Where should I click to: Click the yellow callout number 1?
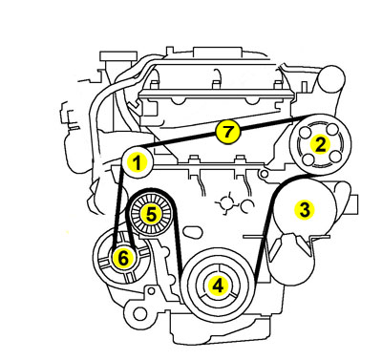137,162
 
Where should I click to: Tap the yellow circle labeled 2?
320,144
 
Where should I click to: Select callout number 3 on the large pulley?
305,210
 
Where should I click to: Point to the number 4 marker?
218,286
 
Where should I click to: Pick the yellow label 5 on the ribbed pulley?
151,214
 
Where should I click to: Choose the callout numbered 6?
123,258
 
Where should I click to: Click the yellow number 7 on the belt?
227,132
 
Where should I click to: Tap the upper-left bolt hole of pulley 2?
307,131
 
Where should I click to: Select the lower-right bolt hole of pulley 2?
334,157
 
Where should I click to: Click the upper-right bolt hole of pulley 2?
332,130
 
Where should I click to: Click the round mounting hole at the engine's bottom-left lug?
138,314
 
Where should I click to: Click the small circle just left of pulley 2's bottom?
264,174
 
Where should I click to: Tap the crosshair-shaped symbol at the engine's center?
228,202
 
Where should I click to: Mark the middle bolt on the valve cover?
216,84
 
